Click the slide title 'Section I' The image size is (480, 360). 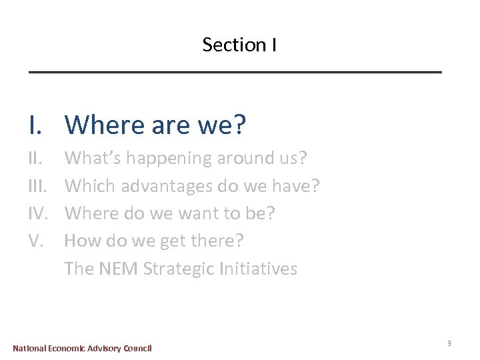point(239,45)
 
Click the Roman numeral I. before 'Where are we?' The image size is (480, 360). point(36,125)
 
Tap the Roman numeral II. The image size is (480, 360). point(37,159)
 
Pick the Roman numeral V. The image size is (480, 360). point(37,241)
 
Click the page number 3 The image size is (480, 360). point(449,343)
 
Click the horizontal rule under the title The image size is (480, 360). point(235,71)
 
